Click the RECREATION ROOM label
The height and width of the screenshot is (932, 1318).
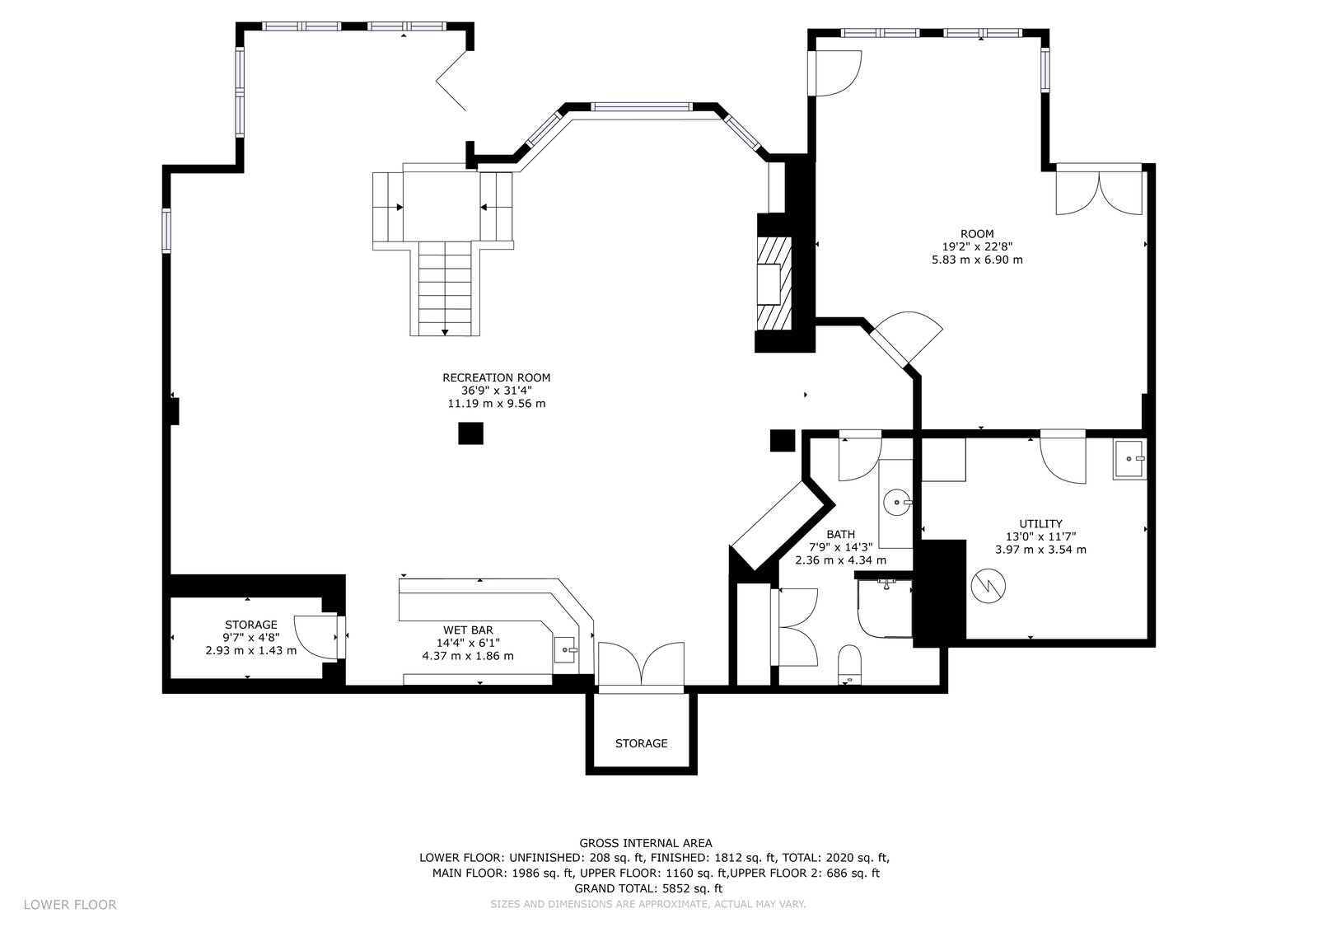[x=497, y=378]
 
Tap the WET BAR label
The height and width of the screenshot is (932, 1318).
[x=469, y=630]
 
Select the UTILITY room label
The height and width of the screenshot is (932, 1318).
[x=1041, y=523]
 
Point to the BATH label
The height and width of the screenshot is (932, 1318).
[x=841, y=535]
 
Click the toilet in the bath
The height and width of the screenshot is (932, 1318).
[x=849, y=665]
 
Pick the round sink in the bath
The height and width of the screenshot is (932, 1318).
[x=897, y=502]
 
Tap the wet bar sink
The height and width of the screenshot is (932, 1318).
[x=565, y=649]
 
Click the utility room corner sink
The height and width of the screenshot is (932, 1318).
[x=1129, y=459]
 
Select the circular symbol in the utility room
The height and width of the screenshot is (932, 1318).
[x=988, y=586]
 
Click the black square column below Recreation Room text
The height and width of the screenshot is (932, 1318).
[x=470, y=433]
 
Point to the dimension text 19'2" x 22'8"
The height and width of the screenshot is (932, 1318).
[x=977, y=246]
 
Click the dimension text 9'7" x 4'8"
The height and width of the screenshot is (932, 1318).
[x=250, y=637]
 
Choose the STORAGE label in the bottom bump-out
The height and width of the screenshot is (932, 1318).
[x=642, y=743]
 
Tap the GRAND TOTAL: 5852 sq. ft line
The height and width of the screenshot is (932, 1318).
[x=648, y=888]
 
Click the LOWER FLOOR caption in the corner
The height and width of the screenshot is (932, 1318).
[x=70, y=904]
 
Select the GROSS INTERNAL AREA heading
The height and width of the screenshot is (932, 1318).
[x=646, y=843]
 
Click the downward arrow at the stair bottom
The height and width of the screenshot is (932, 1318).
[x=445, y=333]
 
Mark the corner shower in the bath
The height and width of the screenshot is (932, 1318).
[x=885, y=608]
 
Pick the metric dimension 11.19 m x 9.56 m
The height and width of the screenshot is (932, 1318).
[x=497, y=404]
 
